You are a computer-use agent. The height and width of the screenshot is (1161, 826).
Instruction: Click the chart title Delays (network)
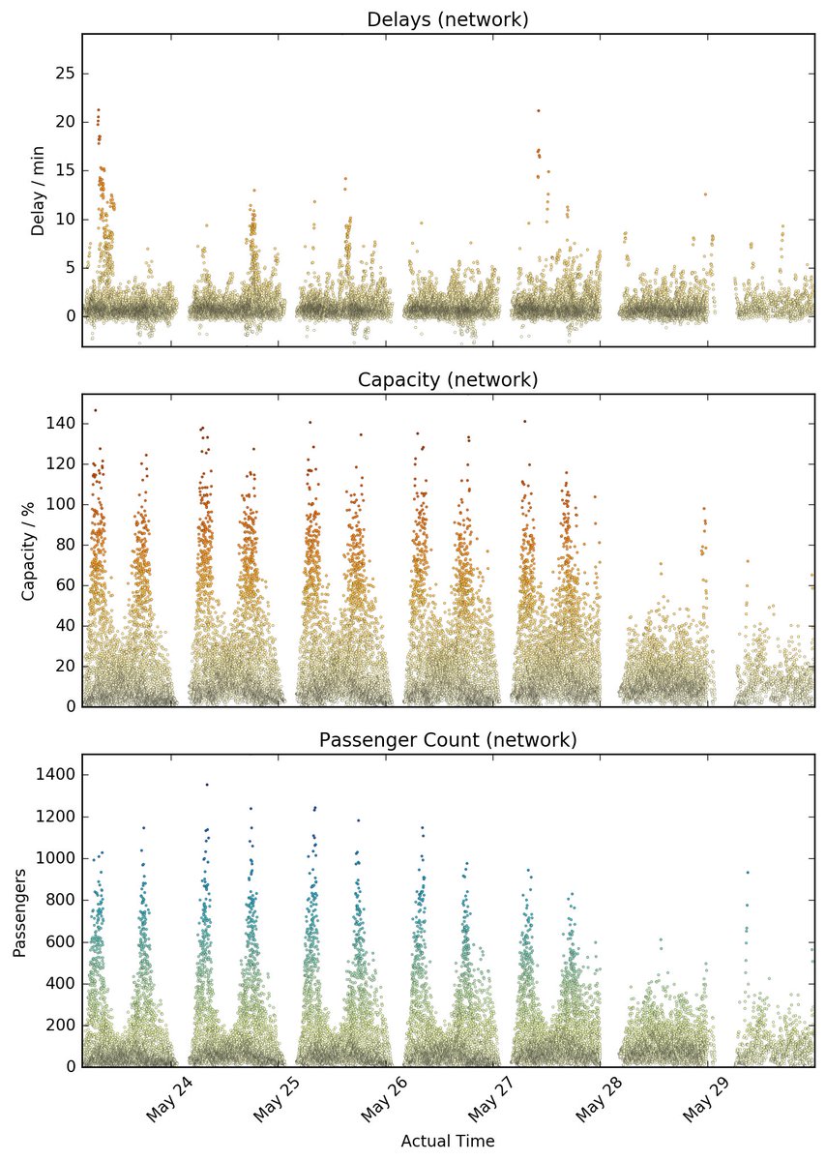pos(447,19)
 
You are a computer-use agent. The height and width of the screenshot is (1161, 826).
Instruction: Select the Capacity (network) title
pos(447,380)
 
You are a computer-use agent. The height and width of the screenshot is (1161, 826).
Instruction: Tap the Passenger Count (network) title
pos(447,739)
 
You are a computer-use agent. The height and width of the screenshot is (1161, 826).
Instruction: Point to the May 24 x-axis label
pos(169,1099)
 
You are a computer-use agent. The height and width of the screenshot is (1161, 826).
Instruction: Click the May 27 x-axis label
pos(491,1099)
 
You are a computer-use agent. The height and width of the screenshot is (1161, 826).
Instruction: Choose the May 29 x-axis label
pos(706,1099)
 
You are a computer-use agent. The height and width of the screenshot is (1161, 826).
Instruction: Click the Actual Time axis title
pos(448,1141)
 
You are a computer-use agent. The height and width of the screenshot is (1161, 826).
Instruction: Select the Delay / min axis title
pos(38,191)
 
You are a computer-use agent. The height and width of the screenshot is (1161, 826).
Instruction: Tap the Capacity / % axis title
pos(28,551)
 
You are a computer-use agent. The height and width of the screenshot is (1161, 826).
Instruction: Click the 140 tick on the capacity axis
pos(60,424)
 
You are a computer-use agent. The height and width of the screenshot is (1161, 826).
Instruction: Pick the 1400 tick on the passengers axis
pos(55,774)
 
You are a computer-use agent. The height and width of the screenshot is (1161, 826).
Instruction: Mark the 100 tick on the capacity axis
pos(60,504)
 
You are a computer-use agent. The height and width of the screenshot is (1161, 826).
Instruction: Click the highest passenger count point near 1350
pos(207,785)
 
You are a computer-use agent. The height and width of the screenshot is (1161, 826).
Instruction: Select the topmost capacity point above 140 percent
pos(96,410)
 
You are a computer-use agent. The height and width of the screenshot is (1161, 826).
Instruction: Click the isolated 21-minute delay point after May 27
pos(539,110)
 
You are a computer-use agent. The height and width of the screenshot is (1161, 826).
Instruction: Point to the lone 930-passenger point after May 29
pos(748,873)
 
